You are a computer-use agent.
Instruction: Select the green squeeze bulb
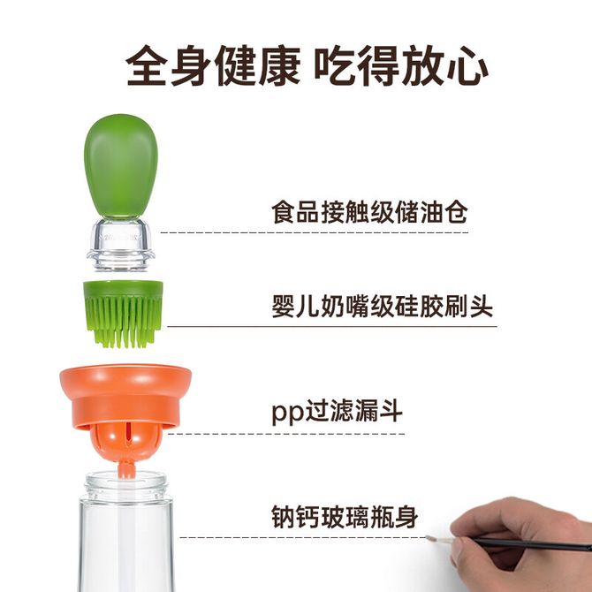120,166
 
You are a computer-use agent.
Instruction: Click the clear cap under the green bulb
120,244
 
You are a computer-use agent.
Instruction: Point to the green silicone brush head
123,314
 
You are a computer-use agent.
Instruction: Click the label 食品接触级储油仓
369,212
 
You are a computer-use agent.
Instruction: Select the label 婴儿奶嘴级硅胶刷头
382,306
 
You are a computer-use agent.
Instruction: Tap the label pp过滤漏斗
338,412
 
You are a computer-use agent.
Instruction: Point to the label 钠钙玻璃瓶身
345,517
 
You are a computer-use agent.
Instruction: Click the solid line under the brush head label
332,326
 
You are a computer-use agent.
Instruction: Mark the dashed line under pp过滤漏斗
286,434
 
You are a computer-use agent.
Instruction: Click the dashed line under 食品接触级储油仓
315,232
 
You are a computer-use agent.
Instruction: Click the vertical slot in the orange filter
128,435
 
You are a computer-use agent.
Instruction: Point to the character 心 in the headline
467,66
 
